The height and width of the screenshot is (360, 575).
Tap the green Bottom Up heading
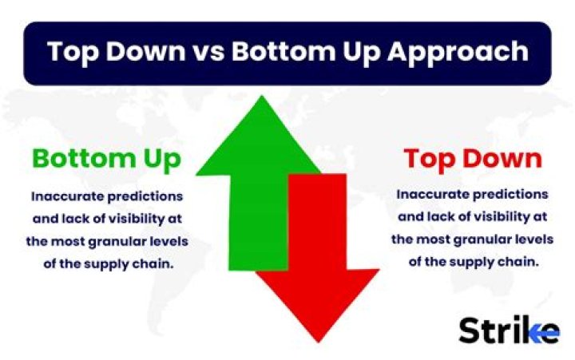[x=106, y=159]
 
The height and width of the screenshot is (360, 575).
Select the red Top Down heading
[x=472, y=159]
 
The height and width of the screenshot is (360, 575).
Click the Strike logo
[x=509, y=329]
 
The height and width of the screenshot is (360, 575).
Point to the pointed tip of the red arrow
[x=318, y=340]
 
